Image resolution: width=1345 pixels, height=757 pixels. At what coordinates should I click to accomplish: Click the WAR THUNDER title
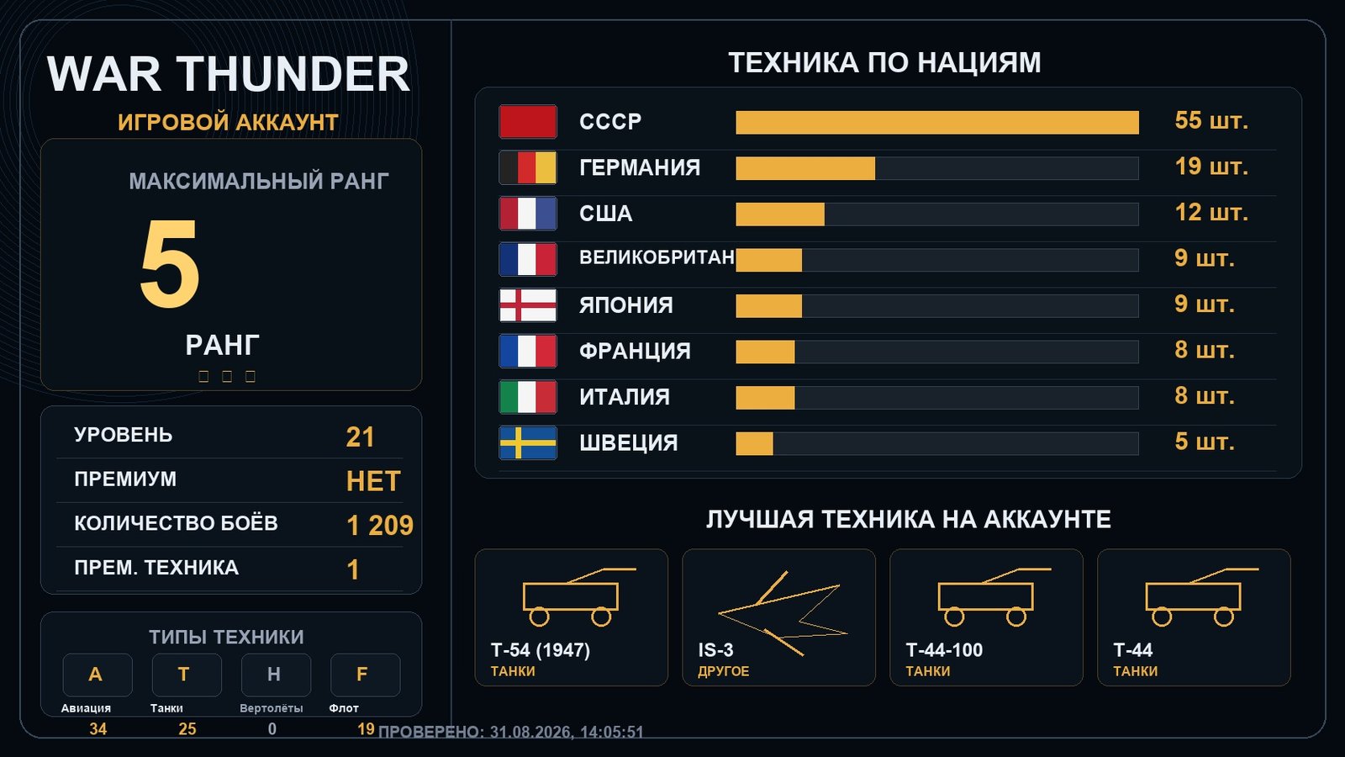coord(228,74)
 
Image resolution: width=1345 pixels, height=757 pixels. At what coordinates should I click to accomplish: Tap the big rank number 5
coord(169,263)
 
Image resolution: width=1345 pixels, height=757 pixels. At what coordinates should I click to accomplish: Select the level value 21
coord(361,437)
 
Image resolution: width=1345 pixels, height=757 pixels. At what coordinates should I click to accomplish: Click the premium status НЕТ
coord(373,481)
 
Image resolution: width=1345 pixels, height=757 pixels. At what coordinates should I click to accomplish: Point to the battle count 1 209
coord(379,525)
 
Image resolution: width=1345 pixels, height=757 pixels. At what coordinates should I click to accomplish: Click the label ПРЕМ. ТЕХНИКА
coord(156,567)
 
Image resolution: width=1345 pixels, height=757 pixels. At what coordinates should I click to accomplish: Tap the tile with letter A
coord(98,675)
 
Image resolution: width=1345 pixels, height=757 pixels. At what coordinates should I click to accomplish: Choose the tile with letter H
coord(276,675)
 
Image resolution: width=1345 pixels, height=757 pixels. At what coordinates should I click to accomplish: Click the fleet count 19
coord(366,728)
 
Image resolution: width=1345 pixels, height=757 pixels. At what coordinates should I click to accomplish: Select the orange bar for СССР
coord(937,122)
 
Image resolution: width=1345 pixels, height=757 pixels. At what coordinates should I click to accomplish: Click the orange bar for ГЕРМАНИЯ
coord(805,168)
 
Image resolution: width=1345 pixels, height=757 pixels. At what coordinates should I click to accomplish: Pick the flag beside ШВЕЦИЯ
coord(528,442)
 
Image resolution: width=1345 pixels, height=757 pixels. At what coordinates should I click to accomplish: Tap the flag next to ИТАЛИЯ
coord(528,397)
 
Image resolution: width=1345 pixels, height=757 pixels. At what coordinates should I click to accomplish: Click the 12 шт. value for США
coord(1211,213)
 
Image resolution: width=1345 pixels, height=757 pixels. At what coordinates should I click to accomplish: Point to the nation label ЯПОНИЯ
coord(625,305)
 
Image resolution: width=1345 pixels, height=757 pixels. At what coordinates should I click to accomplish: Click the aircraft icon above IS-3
coord(783,613)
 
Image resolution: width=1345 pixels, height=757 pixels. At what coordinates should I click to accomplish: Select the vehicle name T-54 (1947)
coord(541,650)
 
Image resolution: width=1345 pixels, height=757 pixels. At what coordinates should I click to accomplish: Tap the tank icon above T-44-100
coord(994,596)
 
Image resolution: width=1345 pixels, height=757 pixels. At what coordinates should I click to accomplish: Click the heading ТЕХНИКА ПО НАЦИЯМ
coord(884,63)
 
